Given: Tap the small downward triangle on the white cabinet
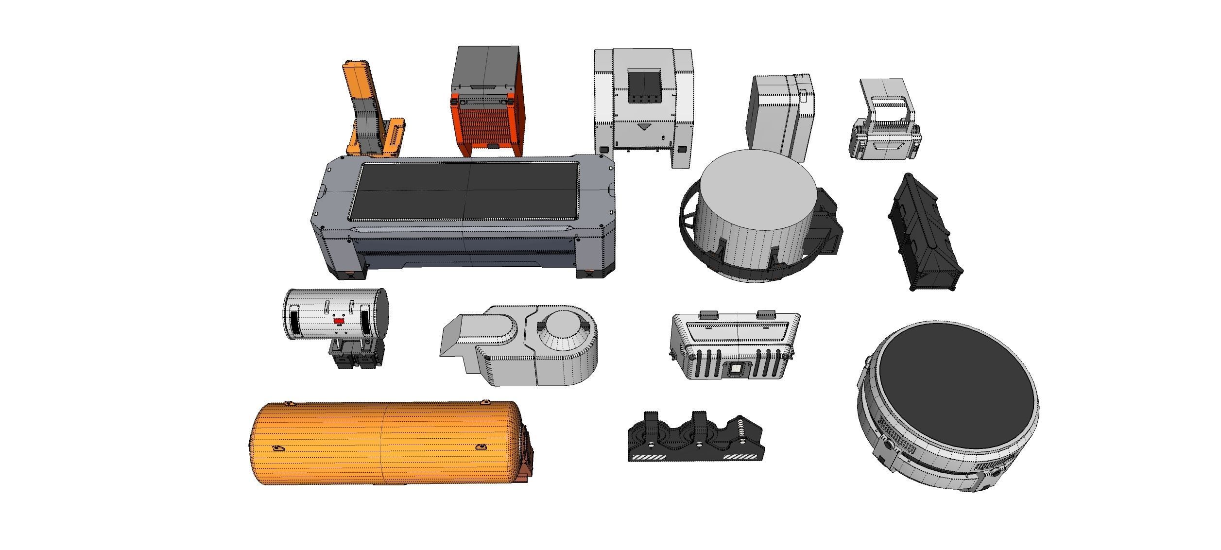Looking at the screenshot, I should click(x=644, y=127).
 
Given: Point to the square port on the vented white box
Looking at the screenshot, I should click(x=736, y=370).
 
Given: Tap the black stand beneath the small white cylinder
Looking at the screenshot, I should click(x=355, y=355).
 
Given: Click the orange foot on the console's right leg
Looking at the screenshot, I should click(x=588, y=270).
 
